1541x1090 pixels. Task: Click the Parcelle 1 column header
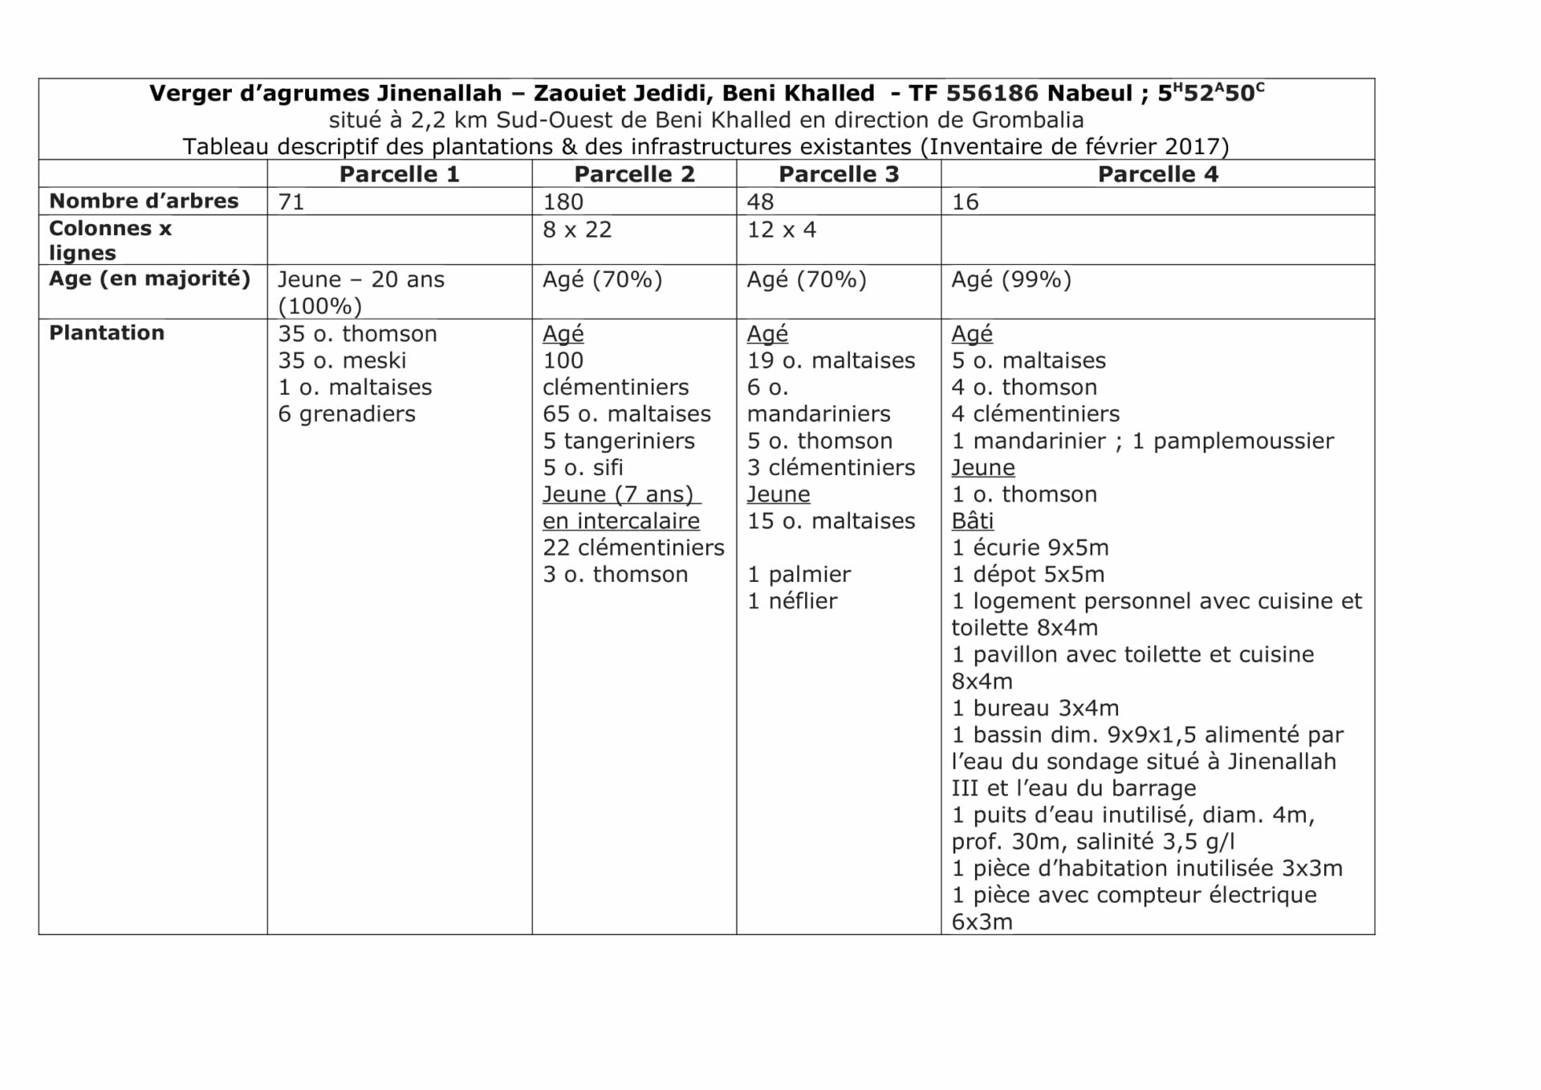(x=399, y=174)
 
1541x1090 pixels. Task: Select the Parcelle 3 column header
(x=839, y=174)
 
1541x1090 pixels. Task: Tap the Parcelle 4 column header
(x=1157, y=174)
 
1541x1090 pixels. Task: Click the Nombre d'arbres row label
(x=144, y=201)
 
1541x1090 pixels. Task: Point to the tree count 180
(x=563, y=201)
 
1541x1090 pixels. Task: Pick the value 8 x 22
(x=577, y=230)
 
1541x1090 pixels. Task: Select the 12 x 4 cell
(x=781, y=230)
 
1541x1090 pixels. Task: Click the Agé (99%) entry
(x=1011, y=279)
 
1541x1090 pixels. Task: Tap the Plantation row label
(x=107, y=333)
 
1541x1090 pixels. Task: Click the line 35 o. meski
(x=342, y=360)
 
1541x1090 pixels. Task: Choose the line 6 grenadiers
(x=347, y=414)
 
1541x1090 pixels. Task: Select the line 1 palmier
(x=799, y=574)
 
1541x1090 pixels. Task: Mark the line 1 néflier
(x=792, y=600)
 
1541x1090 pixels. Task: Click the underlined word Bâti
(x=973, y=521)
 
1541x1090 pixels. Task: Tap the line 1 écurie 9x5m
(x=1030, y=547)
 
